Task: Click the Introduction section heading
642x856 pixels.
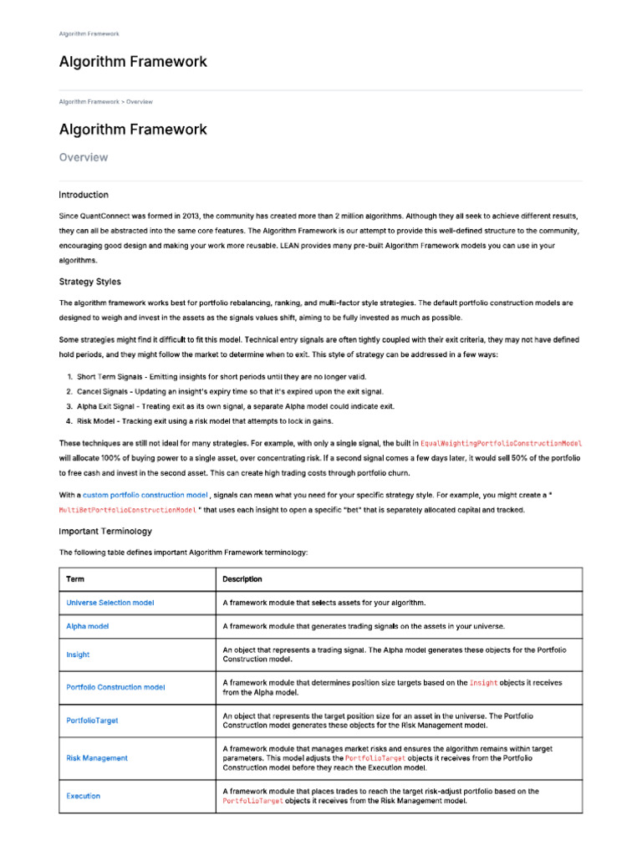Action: (84, 195)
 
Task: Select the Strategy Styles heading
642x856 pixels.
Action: (89, 282)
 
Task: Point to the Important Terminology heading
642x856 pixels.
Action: (105, 531)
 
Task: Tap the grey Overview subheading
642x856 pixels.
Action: (83, 157)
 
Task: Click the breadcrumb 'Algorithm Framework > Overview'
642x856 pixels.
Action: (105, 101)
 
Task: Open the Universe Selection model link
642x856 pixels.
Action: (110, 602)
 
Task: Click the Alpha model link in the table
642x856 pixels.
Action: (88, 625)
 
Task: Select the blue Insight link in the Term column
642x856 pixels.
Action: (78, 655)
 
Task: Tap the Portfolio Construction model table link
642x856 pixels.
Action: (115, 687)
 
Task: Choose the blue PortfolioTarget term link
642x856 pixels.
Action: (92, 720)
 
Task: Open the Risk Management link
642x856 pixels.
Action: (97, 758)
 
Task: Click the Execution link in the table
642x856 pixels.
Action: (83, 796)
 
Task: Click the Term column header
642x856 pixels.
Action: (75, 578)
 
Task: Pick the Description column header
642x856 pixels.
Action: (242, 578)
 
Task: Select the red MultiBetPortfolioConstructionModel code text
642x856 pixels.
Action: (127, 509)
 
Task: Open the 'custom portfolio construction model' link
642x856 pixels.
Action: (145, 495)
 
